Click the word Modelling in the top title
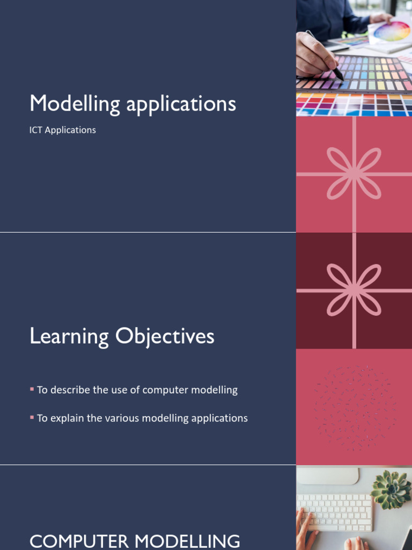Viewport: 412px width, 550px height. [75, 104]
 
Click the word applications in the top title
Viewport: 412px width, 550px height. [181, 104]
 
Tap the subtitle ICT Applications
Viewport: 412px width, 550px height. [62, 130]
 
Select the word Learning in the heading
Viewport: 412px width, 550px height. [69, 337]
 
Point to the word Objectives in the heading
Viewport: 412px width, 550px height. [165, 337]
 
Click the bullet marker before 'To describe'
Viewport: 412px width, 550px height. [32, 389]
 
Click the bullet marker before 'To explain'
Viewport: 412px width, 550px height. [32, 417]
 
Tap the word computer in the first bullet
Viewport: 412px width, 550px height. [165, 390]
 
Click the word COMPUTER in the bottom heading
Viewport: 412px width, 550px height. [79, 541]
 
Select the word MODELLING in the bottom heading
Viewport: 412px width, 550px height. [187, 541]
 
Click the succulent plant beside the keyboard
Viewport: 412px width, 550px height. [391, 489]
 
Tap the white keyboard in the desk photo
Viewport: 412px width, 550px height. [334, 512]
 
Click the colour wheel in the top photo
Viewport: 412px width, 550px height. [392, 32]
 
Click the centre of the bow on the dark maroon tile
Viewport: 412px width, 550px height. [354, 290]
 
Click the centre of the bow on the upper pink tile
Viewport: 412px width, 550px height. [354, 173]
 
